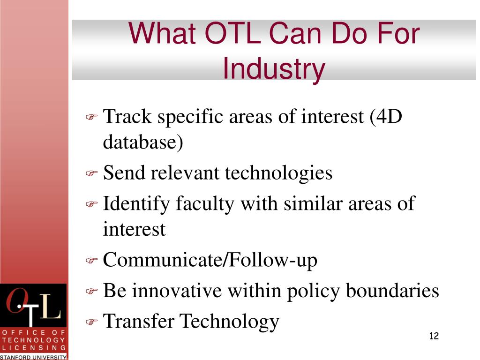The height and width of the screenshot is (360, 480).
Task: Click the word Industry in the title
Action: tap(274, 68)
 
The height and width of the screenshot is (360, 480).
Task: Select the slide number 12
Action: tap(434, 336)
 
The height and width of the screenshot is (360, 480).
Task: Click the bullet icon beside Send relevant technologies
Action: tap(91, 173)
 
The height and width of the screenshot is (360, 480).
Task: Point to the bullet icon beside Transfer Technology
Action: tap(91, 322)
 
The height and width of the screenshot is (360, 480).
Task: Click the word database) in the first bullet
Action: tap(143, 142)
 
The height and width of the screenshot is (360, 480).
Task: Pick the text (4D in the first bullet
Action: tap(386, 116)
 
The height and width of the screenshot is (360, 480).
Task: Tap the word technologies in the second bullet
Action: tap(278, 173)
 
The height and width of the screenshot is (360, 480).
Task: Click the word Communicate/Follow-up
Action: tap(210, 260)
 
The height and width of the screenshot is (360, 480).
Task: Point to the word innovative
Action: tap(177, 290)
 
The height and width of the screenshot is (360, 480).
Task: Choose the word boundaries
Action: tap(392, 290)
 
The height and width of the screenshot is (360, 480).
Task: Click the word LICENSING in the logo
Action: tap(34, 348)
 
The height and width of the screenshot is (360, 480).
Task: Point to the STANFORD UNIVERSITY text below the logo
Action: tap(33, 357)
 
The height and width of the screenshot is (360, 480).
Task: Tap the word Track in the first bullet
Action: tap(127, 116)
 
